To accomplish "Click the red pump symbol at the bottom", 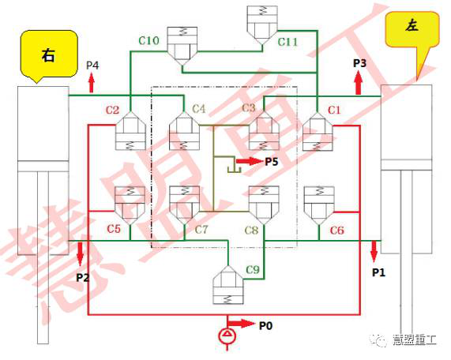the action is click(227, 336).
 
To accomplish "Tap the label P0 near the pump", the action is click(265, 326).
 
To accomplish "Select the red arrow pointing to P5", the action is click(249, 161).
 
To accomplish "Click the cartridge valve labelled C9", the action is click(228, 285).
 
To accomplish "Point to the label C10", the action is click(148, 40).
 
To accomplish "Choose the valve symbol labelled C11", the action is click(262, 25).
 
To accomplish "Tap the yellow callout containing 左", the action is click(412, 30).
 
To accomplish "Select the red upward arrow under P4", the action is click(92, 83).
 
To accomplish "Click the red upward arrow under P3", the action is click(358, 83).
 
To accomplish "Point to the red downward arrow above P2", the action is click(80, 254).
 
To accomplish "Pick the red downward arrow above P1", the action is click(374, 252).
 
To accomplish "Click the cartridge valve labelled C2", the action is click(130, 131).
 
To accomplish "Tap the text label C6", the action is click(336, 231).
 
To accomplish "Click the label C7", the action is click(201, 230).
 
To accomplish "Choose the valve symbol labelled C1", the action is click(318, 131).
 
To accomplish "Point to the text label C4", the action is click(199, 109).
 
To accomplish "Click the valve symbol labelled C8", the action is click(264, 205).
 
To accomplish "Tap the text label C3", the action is click(249, 108).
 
